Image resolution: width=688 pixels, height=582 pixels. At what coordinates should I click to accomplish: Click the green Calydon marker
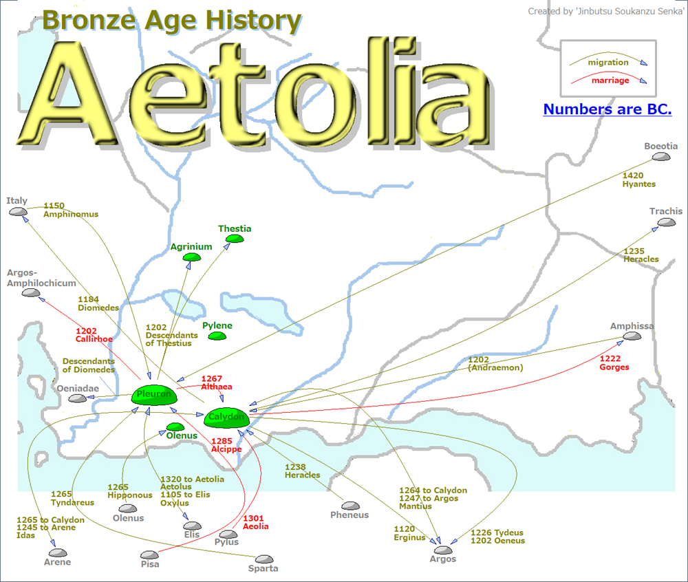tap(226, 416)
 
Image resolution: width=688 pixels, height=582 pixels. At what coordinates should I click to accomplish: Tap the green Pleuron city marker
tap(155, 395)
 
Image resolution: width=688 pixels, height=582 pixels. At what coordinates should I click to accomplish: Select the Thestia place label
tap(235, 228)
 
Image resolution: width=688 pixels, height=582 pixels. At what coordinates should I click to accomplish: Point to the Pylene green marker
tap(217, 336)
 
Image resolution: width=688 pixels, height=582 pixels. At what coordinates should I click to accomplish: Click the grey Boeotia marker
tap(661, 157)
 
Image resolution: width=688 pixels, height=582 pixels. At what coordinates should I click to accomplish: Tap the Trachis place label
tap(665, 211)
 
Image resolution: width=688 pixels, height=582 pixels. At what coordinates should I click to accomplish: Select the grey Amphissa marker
tap(631, 336)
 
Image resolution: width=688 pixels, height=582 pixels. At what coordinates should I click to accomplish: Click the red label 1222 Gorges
tap(614, 363)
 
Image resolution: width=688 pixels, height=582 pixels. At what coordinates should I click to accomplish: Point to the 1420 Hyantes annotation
tap(638, 180)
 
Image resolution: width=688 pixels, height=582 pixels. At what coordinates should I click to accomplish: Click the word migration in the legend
tap(608, 63)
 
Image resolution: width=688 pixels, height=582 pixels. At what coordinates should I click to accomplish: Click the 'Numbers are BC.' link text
tap(607, 109)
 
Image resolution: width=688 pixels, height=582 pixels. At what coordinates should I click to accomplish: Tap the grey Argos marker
tap(443, 550)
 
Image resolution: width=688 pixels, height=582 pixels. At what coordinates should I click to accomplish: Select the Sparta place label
tap(264, 568)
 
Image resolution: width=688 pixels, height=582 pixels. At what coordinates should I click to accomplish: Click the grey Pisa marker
tap(149, 554)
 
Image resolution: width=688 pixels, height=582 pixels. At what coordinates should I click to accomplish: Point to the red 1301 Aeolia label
tap(255, 522)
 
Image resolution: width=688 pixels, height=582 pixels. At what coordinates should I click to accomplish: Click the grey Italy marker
tap(17, 211)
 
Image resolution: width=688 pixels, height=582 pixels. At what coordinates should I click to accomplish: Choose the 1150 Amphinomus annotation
tap(70, 210)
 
